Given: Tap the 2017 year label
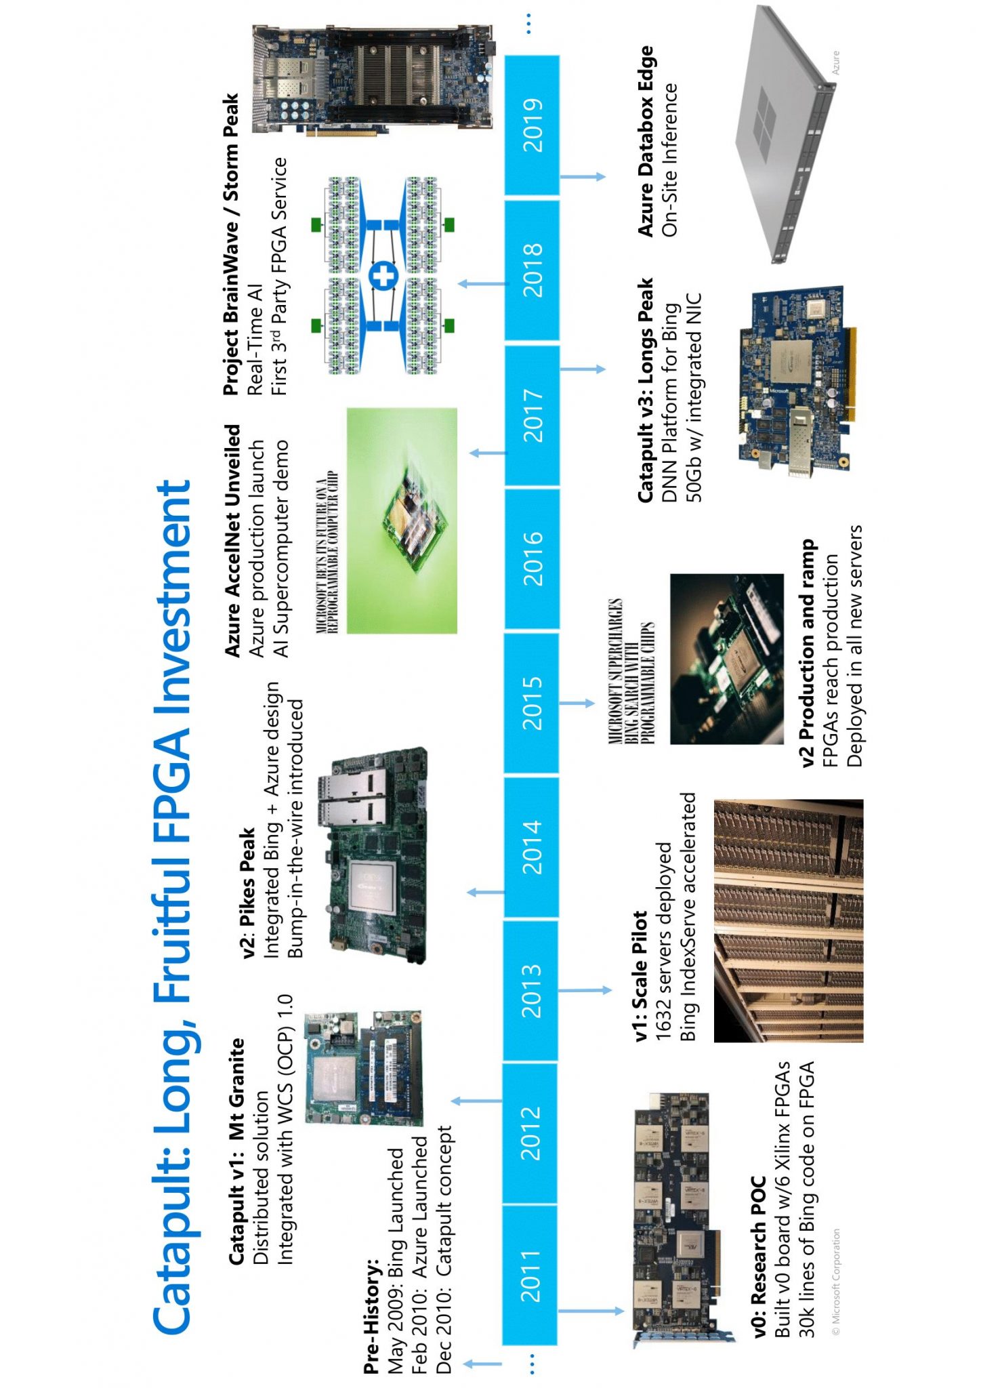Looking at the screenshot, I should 533,415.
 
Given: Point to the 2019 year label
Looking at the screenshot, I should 533,125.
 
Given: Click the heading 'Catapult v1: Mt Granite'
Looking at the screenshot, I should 236,1151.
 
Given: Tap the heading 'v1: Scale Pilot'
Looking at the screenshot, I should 640,975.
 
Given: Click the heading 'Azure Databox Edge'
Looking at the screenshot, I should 646,141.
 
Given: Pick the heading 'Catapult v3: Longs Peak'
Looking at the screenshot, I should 645,390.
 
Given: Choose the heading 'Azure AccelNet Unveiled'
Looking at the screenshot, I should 232,540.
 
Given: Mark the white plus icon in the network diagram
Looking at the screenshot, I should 383,276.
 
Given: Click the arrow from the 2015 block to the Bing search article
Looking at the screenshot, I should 577,703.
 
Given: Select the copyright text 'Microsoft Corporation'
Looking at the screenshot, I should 836,1281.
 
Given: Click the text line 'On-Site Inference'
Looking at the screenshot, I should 670,160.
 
